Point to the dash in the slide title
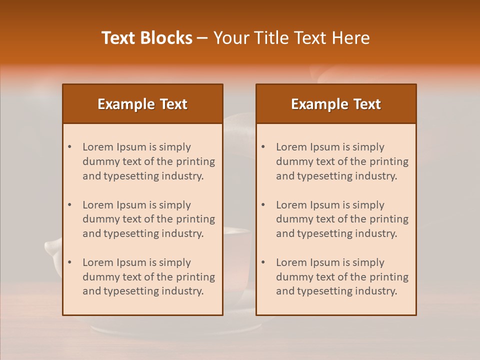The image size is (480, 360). pos(202,38)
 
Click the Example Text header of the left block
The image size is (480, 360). pos(142,104)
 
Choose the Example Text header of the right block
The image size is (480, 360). pos(336,104)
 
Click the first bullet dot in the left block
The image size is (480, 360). pos(70,147)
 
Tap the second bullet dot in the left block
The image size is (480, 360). pos(70,205)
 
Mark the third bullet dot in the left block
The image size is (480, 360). pos(70,262)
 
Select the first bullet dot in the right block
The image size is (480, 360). pos(263,147)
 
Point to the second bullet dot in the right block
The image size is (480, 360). pos(263,205)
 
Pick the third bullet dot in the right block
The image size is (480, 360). pos(263,262)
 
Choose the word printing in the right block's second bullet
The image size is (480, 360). pos(387,219)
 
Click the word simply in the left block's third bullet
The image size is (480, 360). pos(175,262)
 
